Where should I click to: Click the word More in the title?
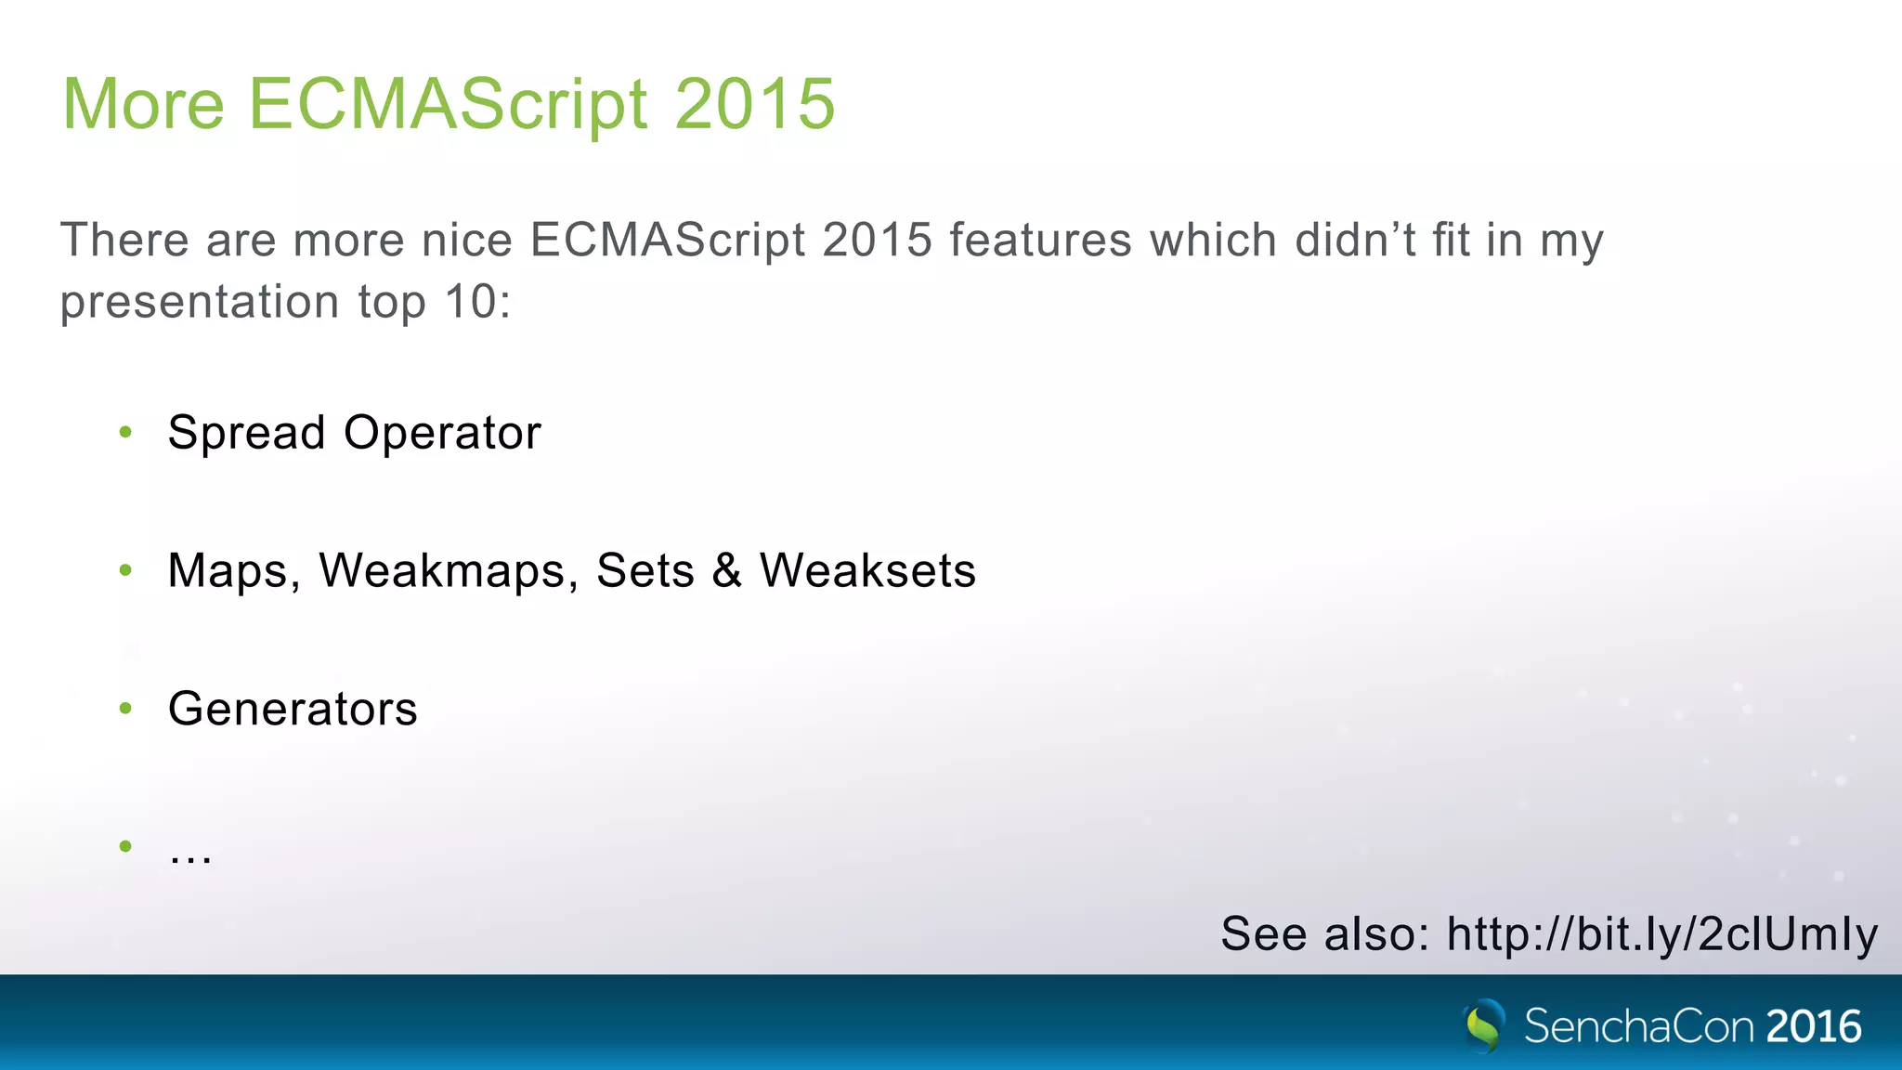(x=144, y=104)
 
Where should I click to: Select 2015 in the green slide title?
(x=754, y=104)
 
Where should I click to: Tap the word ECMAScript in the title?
(x=448, y=104)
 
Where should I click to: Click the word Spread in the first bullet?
(x=246, y=433)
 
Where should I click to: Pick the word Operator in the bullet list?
(x=442, y=433)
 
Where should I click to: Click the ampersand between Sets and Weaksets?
(x=727, y=570)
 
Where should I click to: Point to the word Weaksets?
(x=867, y=570)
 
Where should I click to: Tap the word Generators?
(x=293, y=710)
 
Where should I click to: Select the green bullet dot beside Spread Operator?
(x=126, y=432)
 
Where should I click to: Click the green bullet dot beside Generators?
(x=126, y=709)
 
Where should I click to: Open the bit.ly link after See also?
(x=1661, y=934)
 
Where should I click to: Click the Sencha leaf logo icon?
(x=1483, y=1025)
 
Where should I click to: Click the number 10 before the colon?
(x=471, y=302)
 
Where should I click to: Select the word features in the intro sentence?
(x=1040, y=241)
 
